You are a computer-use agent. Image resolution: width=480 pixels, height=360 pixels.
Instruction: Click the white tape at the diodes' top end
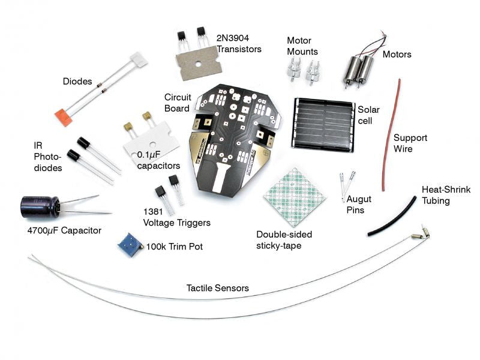[139, 58]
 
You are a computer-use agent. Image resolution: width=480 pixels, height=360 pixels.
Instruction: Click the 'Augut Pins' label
[355, 204]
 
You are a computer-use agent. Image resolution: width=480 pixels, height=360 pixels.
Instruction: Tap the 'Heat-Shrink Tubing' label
[446, 195]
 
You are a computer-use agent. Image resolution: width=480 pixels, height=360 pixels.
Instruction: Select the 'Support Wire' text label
[412, 143]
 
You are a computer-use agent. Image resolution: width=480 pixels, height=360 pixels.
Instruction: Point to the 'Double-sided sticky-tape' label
[284, 239]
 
